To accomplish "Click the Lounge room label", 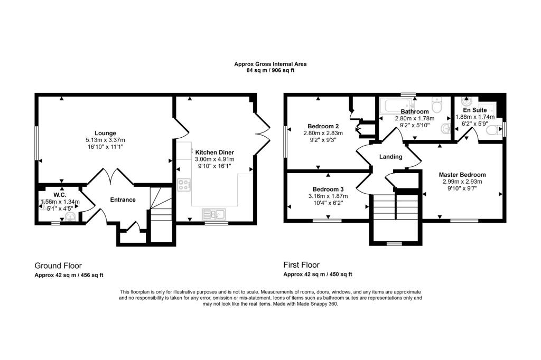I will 105,132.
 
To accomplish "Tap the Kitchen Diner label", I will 214,151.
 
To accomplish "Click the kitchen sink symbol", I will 213,214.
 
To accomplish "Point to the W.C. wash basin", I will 71,215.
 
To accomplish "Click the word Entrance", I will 123,200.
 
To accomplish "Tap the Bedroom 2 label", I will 323,126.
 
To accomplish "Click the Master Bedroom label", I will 462,174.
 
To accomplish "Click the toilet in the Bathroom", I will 436,106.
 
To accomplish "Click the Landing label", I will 391,157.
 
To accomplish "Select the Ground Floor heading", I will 58,266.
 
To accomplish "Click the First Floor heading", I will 302,266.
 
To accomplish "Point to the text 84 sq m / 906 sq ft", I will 270,71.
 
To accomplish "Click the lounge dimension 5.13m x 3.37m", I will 105,140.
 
